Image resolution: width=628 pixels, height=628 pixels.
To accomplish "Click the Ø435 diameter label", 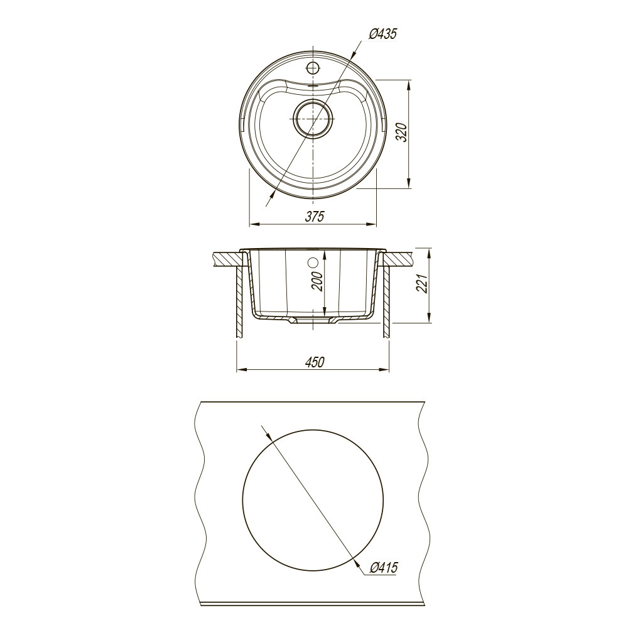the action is click(382, 34).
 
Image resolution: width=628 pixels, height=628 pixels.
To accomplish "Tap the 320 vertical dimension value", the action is click(401, 133).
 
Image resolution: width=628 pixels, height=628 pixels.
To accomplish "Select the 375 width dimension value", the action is click(315, 216).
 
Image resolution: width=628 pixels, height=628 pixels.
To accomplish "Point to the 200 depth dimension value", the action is click(318, 282).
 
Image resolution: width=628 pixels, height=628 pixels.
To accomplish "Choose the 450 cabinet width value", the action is click(315, 362).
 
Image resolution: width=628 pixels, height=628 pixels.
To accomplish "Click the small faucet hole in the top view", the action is click(312, 67).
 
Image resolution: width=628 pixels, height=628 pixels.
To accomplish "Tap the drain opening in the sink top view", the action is click(313, 119).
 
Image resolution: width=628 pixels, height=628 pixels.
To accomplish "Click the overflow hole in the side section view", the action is click(313, 263).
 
